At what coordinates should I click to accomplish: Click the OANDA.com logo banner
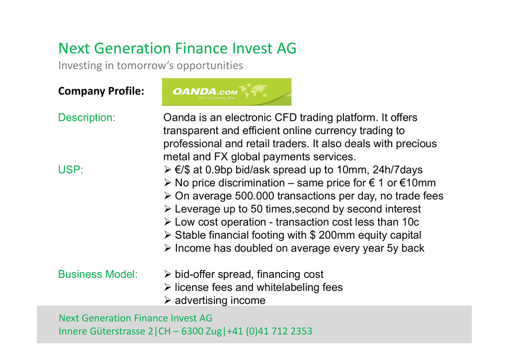pos(227,92)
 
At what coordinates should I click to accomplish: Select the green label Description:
pos(86,117)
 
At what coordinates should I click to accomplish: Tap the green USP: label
pos(71,170)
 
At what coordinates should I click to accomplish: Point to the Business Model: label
pos(98,274)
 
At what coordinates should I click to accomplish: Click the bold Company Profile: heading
pos(101,91)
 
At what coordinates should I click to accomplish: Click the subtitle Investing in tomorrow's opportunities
pos(151,66)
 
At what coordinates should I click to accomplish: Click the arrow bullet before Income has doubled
pos(168,248)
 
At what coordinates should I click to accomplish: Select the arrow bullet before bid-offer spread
pos(168,274)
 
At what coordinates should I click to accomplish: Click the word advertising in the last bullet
pos(198,301)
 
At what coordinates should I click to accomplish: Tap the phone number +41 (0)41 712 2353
pos(269,331)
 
